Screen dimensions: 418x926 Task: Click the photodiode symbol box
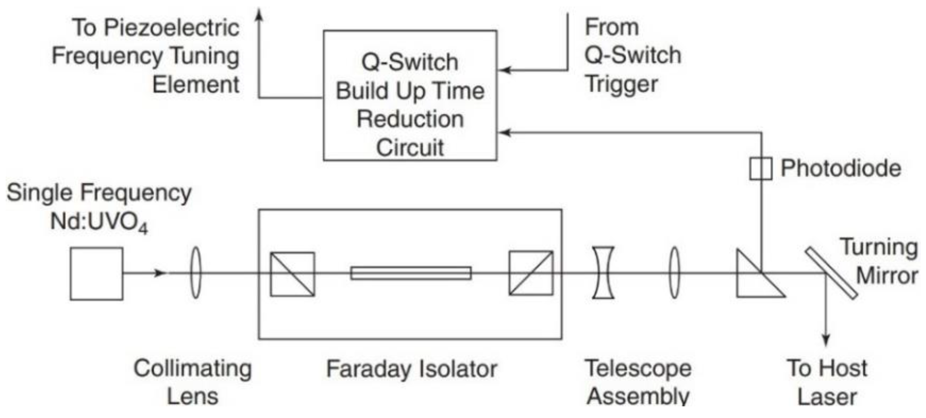760,169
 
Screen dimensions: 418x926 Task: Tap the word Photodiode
841,168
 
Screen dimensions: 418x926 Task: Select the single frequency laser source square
96,274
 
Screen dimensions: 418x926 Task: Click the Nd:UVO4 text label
99,222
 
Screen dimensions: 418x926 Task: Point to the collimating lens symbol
195,273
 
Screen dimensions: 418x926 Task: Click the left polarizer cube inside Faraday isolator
292,274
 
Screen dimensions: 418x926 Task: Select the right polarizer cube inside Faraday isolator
531,273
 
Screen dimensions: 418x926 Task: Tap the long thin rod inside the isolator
411,273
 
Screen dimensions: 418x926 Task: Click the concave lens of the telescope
603,273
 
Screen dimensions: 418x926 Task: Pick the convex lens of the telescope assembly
674,273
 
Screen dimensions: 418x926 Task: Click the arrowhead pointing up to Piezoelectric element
260,15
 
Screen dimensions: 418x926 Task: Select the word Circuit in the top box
410,147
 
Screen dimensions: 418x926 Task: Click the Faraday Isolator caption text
411,369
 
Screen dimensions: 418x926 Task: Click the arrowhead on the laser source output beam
160,273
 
